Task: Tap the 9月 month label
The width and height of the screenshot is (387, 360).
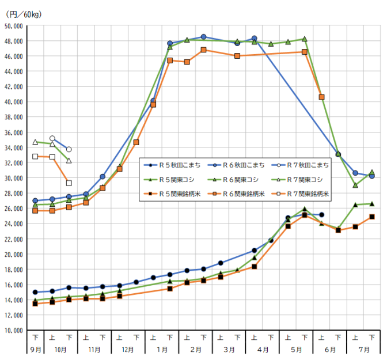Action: click(x=35, y=350)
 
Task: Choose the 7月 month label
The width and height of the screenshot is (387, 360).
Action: click(x=363, y=350)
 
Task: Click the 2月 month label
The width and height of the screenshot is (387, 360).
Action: click(x=195, y=350)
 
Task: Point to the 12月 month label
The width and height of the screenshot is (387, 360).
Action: click(x=128, y=350)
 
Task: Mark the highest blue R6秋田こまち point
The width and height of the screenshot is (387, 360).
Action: click(x=204, y=37)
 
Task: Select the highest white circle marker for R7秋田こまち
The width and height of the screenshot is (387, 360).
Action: click(x=52, y=138)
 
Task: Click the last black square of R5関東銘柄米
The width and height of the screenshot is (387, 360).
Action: click(x=372, y=217)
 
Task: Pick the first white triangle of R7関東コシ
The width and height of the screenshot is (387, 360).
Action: click(x=35, y=142)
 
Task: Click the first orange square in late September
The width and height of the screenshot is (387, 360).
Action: click(x=35, y=211)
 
